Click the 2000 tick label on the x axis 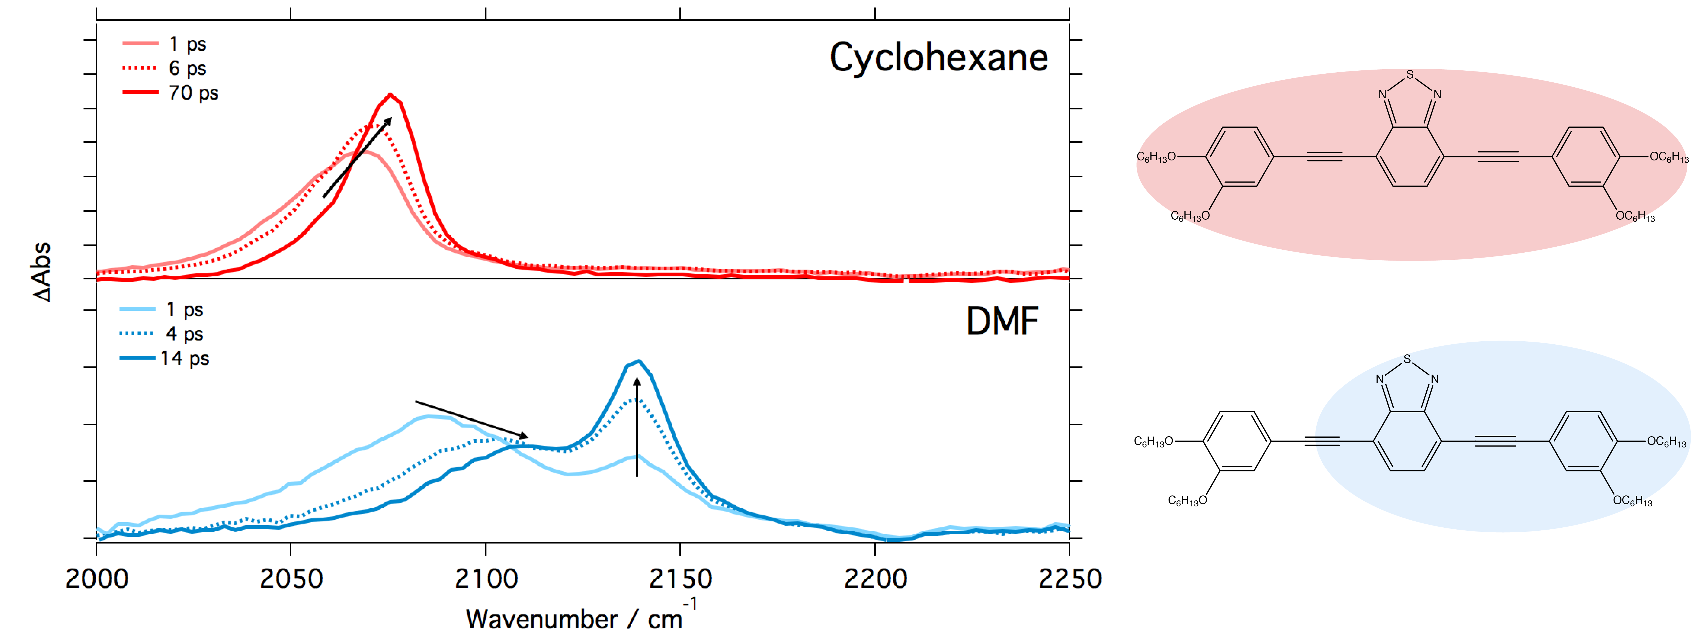click(x=97, y=579)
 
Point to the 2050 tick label click(x=291, y=579)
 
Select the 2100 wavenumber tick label click(x=486, y=579)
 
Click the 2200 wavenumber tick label click(x=875, y=579)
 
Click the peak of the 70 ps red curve click(x=391, y=95)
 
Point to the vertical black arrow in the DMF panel click(x=637, y=427)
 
